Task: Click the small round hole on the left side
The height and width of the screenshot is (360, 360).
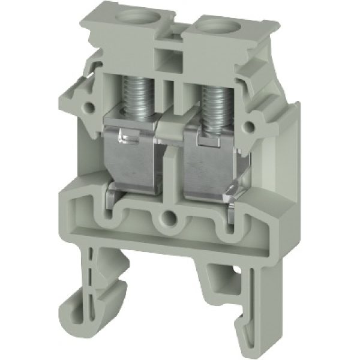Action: tap(89, 108)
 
